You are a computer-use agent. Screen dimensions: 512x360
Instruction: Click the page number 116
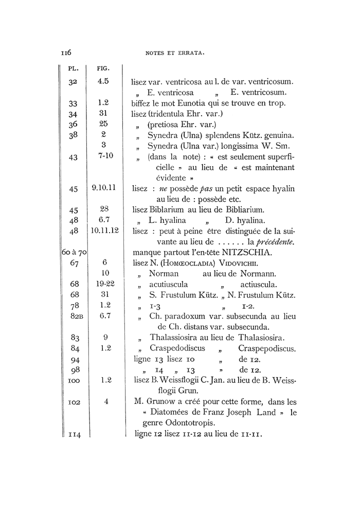click(66, 52)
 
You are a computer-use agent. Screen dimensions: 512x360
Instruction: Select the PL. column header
click(73, 68)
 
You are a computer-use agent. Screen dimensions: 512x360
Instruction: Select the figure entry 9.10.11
click(104, 188)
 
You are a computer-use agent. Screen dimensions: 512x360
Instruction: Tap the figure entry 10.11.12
click(104, 231)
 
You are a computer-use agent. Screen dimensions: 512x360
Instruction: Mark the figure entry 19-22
click(104, 284)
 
